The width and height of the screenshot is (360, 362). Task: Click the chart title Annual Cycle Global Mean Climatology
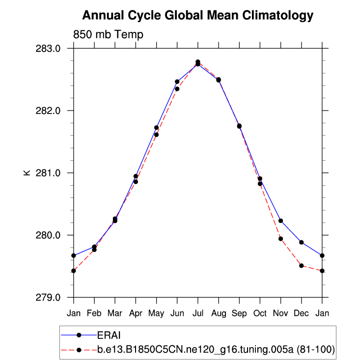[197, 16]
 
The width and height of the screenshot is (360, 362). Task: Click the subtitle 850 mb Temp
[108, 35]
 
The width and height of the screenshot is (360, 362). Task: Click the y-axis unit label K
[28, 173]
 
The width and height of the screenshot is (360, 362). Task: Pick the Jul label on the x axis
[198, 313]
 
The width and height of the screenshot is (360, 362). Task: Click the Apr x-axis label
[136, 313]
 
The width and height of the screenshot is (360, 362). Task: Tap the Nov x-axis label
[280, 313]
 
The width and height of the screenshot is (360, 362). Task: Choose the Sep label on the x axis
[239, 313]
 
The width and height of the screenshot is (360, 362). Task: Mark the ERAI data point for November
[280, 221]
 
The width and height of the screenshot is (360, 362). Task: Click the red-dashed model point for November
[280, 239]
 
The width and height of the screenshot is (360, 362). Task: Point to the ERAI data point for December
[301, 242]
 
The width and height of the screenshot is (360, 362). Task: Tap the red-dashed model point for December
[301, 266]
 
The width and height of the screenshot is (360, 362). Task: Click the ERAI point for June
[177, 82]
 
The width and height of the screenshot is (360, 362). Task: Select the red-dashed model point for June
[177, 89]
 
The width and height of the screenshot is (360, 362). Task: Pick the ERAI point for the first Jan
[74, 255]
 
